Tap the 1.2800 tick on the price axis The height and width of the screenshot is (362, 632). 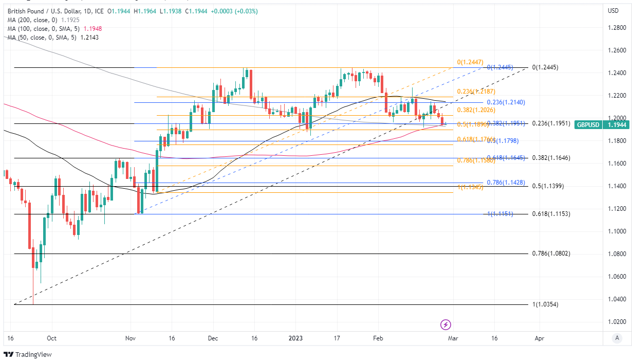617,28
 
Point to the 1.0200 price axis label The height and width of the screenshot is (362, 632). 617,322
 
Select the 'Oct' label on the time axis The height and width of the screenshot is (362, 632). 51,339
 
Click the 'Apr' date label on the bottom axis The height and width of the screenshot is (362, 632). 540,339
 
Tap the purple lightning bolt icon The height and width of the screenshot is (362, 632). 446,324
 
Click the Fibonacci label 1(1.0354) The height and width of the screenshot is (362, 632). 545,304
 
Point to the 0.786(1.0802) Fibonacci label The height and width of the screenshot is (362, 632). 551,254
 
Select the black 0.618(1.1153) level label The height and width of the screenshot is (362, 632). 551,213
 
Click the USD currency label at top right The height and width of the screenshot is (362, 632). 613,11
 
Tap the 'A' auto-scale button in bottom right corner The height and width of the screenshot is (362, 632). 617,338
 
